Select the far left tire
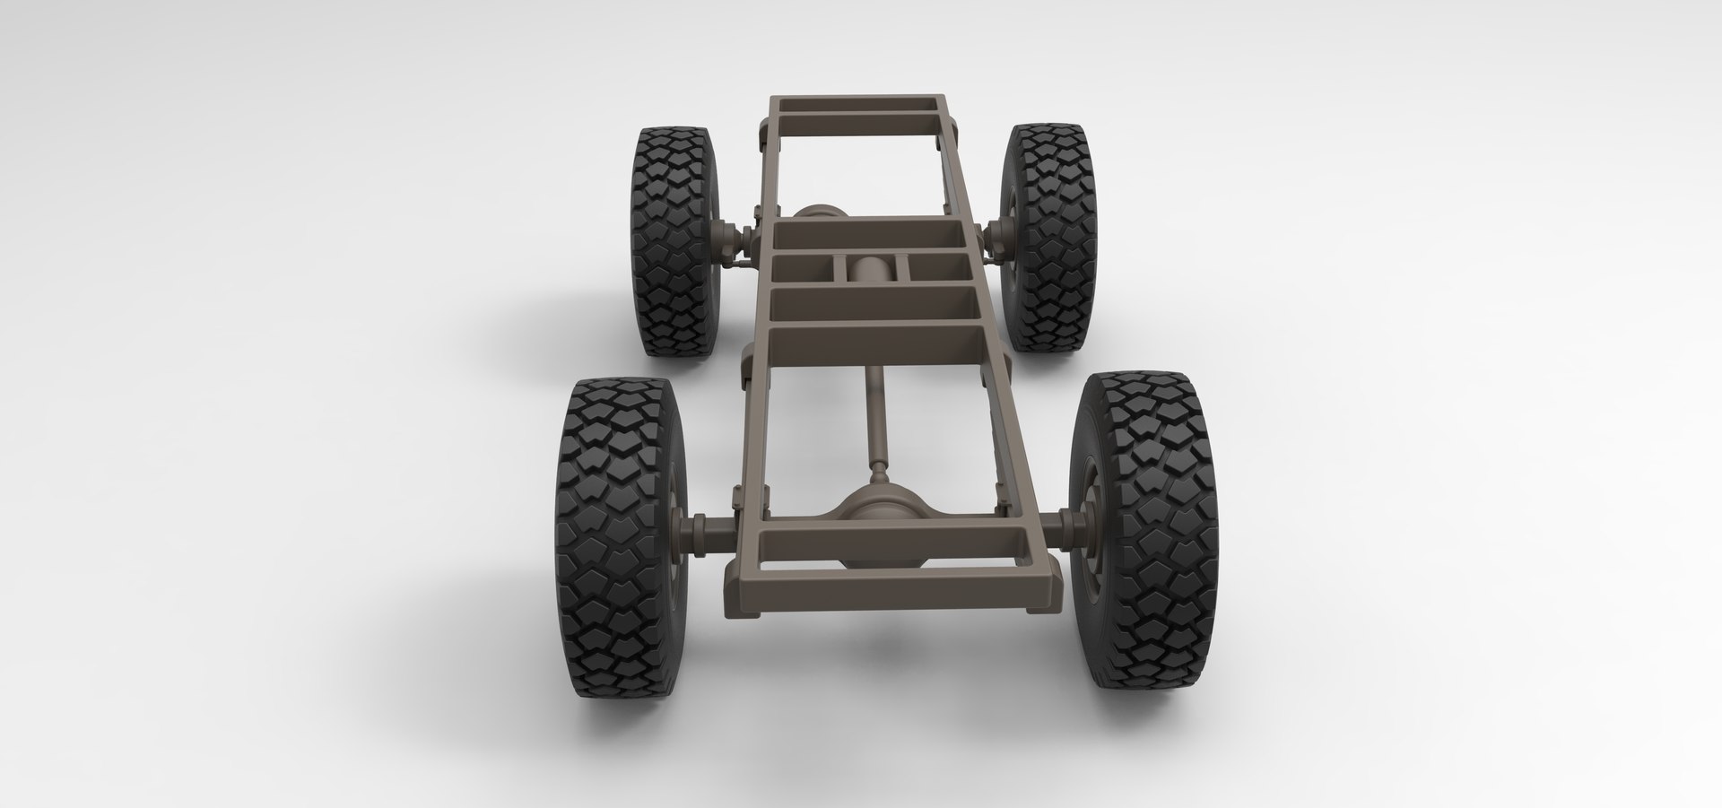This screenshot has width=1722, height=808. coord(674,240)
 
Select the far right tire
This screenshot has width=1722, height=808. coord(1048,238)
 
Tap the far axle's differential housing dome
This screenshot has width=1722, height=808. coord(817,213)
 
